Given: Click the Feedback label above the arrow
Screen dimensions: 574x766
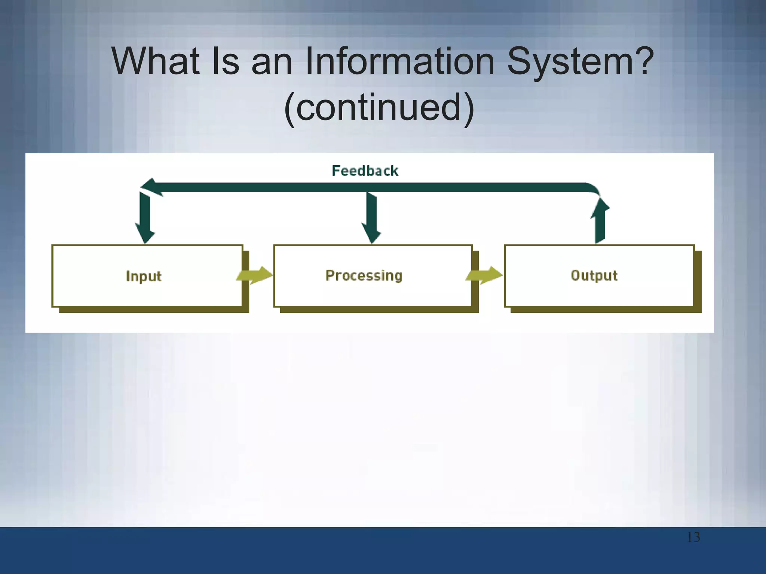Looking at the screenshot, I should coord(365,171).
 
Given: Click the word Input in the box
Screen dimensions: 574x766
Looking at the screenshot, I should coord(144,277).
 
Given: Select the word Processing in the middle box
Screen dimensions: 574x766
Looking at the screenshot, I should coord(364,276).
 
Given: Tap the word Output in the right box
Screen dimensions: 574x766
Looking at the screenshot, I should coord(594,276).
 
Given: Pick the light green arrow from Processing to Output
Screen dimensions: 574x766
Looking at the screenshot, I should coord(484,276).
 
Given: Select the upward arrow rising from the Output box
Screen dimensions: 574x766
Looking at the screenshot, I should coord(600,222).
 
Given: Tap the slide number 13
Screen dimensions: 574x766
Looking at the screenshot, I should coord(693,537).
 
